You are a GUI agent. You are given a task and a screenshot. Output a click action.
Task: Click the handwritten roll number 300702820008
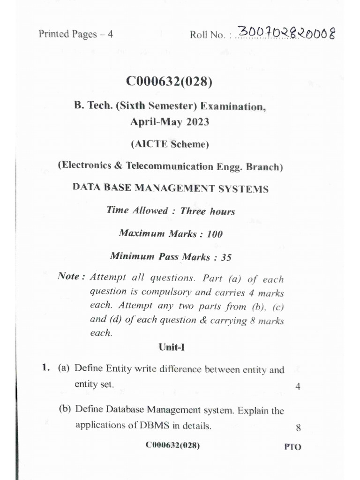coord(286,33)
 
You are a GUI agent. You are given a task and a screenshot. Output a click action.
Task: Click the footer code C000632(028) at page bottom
coord(172,445)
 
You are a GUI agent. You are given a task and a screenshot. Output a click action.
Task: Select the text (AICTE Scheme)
coord(170,144)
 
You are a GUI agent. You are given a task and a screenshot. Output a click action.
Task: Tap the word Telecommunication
coord(173,166)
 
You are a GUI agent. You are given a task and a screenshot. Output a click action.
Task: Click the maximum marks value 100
coord(214,234)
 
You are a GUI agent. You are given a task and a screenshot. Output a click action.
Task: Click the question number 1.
coord(45,369)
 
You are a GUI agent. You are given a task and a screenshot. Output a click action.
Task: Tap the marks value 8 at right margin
coord(298,427)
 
